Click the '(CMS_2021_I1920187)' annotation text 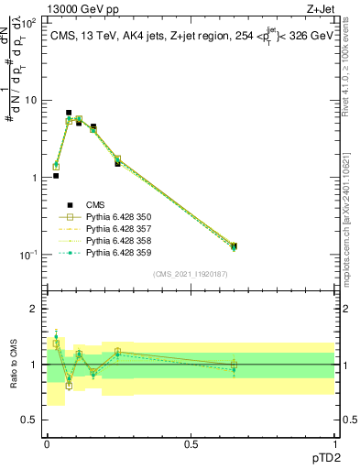click(x=190, y=274)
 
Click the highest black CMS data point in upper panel click(x=69, y=113)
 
